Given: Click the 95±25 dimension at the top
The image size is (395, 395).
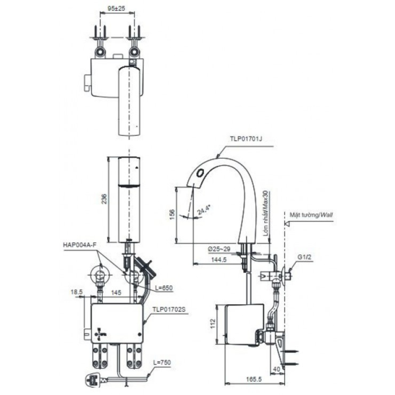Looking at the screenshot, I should coord(117,8).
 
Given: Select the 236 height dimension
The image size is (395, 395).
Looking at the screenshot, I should coord(104,198).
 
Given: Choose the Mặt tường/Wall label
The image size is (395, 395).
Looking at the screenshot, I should coord(311,216).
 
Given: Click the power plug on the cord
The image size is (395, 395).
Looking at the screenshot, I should coord(94,380).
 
